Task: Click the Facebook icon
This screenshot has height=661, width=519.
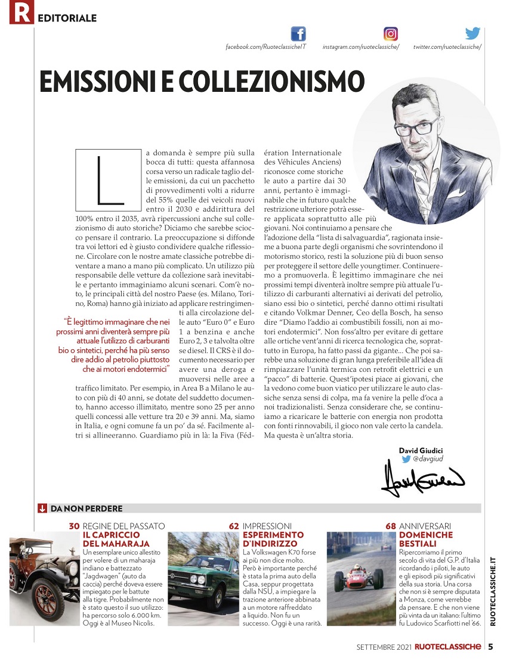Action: pos(298,34)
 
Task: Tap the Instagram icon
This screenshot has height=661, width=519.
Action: pos(391,34)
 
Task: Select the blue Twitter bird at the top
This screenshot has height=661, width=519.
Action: pos(472,33)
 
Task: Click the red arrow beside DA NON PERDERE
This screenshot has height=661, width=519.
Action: pos(42,508)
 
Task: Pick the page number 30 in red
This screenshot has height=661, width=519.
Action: pos(74,526)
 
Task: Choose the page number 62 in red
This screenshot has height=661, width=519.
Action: pos(234,526)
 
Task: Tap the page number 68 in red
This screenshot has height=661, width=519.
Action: pos(391,526)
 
